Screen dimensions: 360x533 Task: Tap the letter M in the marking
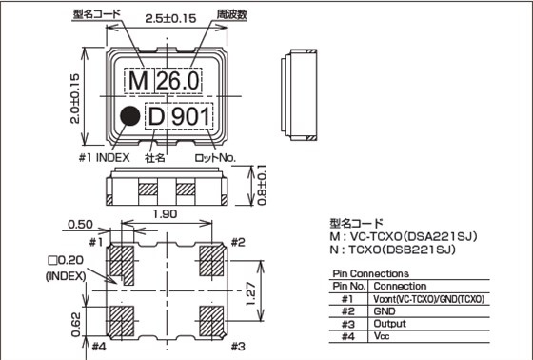click(x=138, y=82)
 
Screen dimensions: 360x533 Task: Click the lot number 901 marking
click(x=197, y=116)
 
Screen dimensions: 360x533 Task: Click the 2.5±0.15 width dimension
click(x=170, y=17)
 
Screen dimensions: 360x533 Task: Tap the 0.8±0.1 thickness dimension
click(x=262, y=185)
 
